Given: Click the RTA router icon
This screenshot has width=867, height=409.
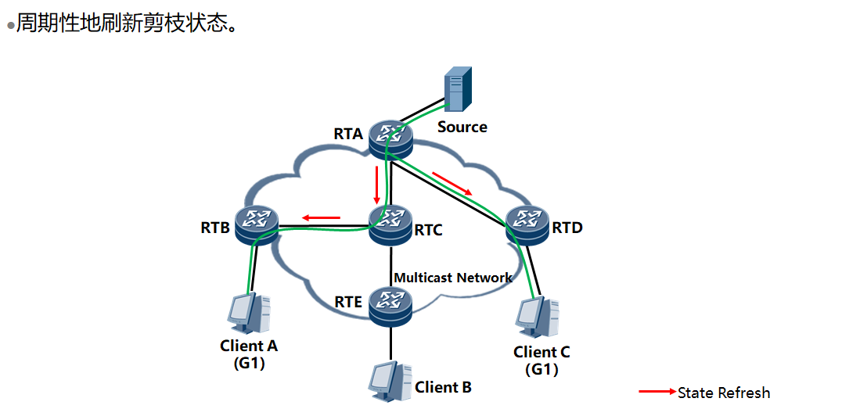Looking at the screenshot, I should (x=391, y=138).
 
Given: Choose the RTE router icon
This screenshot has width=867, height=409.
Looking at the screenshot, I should (x=390, y=305).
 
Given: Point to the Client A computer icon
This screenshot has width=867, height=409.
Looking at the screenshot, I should (x=248, y=314).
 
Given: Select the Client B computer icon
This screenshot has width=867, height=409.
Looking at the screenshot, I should (x=389, y=380).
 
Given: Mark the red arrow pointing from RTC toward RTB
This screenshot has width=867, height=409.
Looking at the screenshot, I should (x=322, y=217).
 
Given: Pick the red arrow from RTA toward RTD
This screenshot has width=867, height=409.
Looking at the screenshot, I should (x=453, y=184).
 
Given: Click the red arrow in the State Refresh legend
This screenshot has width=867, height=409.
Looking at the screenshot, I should (x=657, y=392).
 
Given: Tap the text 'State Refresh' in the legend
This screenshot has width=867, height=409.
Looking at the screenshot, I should (x=724, y=393).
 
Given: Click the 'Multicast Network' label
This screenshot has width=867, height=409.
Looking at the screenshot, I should (x=453, y=278).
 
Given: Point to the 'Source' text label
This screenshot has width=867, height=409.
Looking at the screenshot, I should (x=462, y=127).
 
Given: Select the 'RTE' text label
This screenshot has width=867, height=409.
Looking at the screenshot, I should (x=347, y=303).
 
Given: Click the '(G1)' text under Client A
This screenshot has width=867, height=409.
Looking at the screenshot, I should (x=249, y=363).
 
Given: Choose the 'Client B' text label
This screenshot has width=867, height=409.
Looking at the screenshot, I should (x=443, y=387).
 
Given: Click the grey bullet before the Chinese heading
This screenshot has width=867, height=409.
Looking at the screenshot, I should (x=11, y=26).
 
